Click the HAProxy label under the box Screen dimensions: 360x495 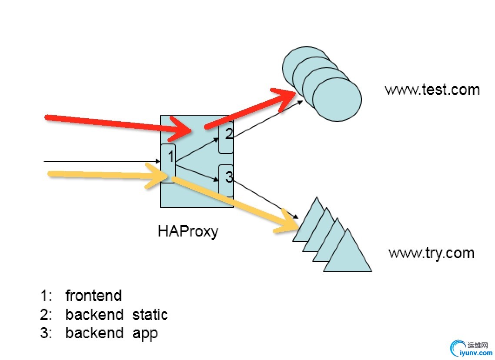188,231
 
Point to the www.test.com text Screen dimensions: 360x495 432,90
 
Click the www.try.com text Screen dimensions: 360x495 431,253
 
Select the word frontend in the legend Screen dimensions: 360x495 94,296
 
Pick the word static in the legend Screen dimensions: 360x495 150,314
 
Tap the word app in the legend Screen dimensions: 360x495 145,333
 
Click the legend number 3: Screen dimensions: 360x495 45,333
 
